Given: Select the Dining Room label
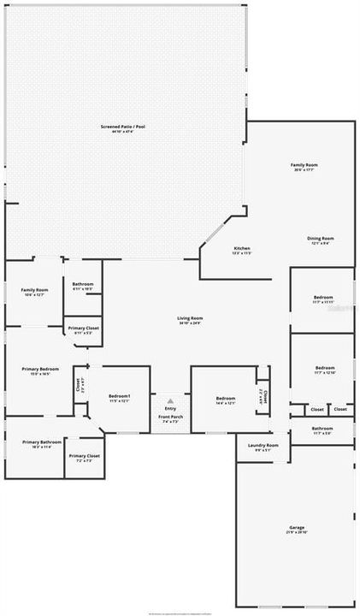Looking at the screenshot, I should point(321,240).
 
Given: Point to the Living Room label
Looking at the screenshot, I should point(191,320).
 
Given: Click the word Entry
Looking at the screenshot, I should point(171,409).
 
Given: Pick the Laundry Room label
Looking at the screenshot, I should point(263,447).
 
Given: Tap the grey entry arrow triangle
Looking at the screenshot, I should point(171,400).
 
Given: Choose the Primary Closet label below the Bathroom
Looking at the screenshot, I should point(84,330).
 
